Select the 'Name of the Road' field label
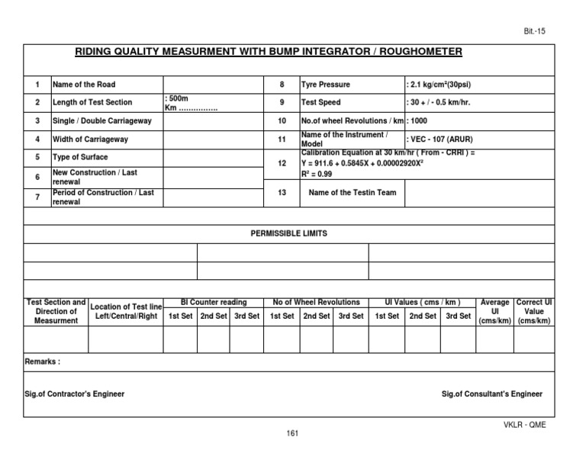pyautogui.click(x=84, y=84)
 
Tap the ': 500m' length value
pyautogui.click(x=176, y=98)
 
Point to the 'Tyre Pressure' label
pyautogui.click(x=326, y=84)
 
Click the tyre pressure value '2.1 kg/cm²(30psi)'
pyautogui.click(x=444, y=84)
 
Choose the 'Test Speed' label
pyautogui.click(x=321, y=102)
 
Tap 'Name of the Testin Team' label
pyautogui.click(x=352, y=193)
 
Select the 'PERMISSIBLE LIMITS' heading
pyautogui.click(x=288, y=233)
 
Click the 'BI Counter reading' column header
pyautogui.click(x=214, y=303)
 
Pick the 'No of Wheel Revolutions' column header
pyautogui.click(x=316, y=303)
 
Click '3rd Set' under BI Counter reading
pyautogui.click(x=246, y=316)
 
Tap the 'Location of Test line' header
pyautogui.click(x=126, y=307)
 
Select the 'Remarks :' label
pyautogui.click(x=43, y=361)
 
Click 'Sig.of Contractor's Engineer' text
pyautogui.click(x=75, y=394)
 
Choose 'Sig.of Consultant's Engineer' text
pyautogui.click(x=492, y=394)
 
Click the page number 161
pyautogui.click(x=291, y=434)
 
